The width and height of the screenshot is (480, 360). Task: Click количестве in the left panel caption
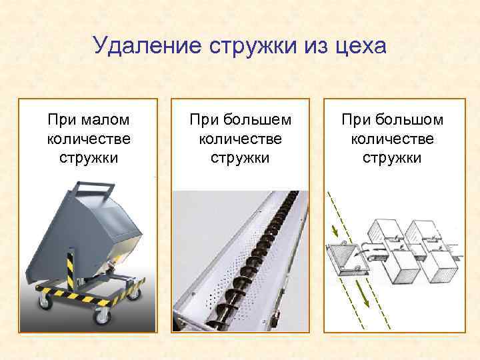click(89, 139)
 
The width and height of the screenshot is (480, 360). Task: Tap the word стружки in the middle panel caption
click(240, 158)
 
